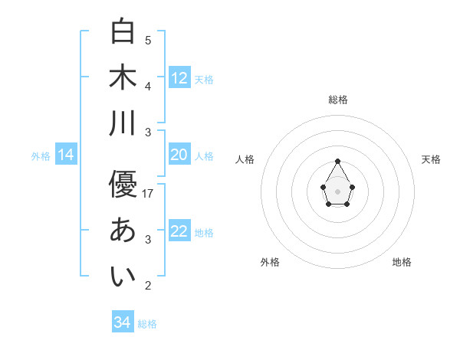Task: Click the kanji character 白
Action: tap(123, 31)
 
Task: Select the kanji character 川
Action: tap(123, 123)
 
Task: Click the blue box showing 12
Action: tap(179, 78)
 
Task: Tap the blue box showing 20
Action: tap(179, 155)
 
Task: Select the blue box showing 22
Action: tap(179, 231)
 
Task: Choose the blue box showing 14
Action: tap(66, 155)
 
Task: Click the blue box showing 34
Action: tap(123, 322)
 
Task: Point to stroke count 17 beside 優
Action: tap(149, 194)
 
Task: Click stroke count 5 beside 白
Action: tap(148, 41)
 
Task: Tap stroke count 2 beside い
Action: tap(148, 286)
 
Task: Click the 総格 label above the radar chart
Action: tap(338, 100)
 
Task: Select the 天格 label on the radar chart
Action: tap(432, 159)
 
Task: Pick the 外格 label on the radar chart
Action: tap(270, 262)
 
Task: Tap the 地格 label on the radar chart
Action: tap(402, 262)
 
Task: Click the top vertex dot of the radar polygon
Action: tap(338, 161)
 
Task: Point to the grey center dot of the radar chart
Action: tap(338, 191)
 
